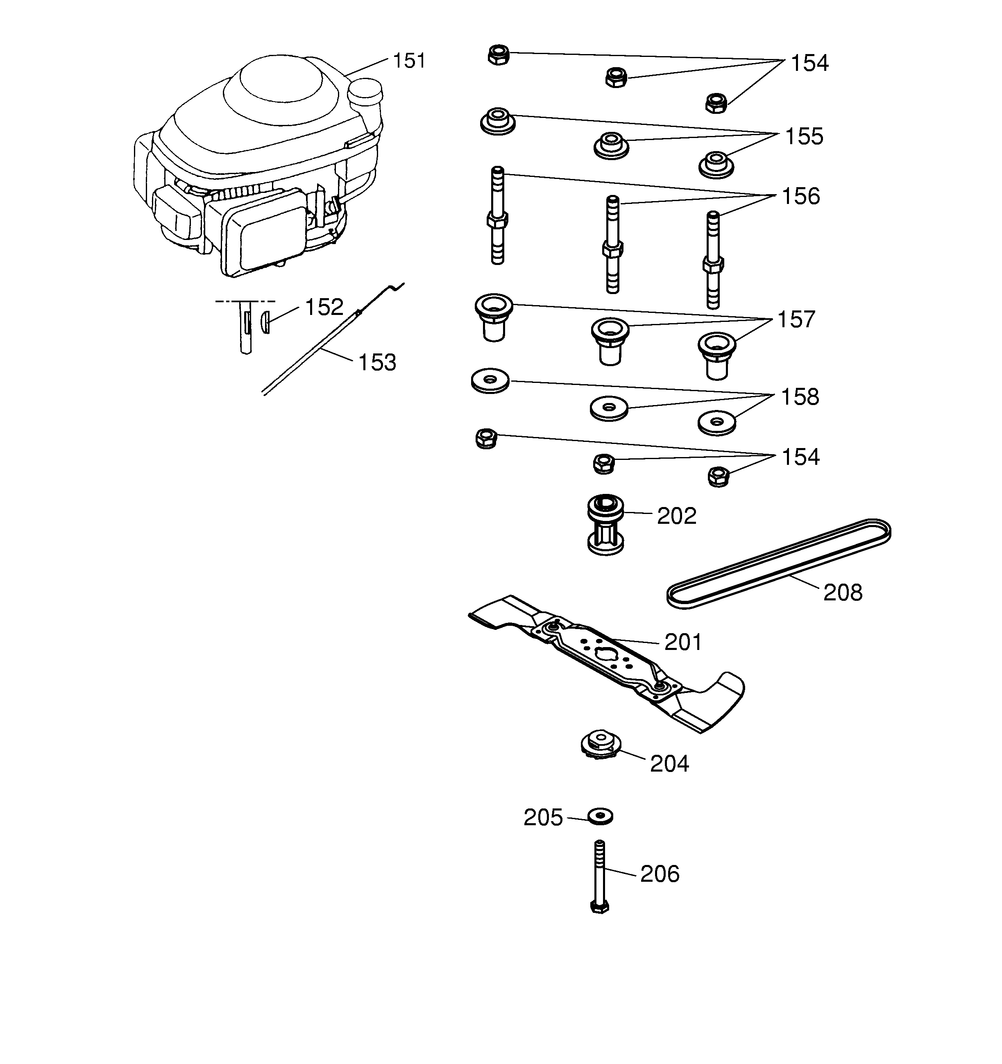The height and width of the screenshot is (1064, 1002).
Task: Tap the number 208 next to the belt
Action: click(x=843, y=593)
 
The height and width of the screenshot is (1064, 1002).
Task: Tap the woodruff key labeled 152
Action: click(x=265, y=322)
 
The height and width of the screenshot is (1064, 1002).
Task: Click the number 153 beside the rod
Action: click(x=377, y=363)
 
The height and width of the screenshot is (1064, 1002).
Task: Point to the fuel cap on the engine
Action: click(x=365, y=92)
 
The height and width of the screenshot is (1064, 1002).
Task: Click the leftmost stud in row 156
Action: click(x=497, y=216)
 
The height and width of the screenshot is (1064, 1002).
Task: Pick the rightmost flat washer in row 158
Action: click(x=717, y=422)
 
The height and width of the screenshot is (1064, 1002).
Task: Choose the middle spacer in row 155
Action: click(x=611, y=145)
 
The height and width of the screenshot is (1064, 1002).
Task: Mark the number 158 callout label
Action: click(x=800, y=397)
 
